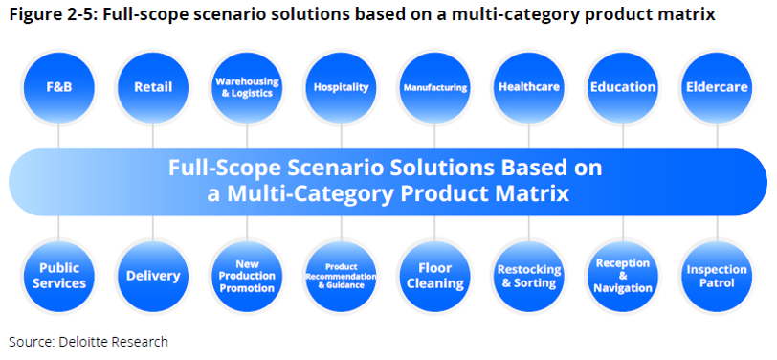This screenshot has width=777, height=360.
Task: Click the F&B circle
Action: [x=59, y=87]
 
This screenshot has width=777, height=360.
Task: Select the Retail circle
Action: [x=153, y=87]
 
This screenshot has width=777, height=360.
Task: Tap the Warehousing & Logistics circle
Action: [x=247, y=87]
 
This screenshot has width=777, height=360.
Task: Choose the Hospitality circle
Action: [x=341, y=87]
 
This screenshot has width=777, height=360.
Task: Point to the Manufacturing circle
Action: [x=435, y=87]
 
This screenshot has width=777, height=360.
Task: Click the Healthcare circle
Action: [x=529, y=87]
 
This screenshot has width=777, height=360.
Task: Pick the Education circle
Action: [x=623, y=87]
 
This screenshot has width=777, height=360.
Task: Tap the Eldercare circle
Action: [x=717, y=87]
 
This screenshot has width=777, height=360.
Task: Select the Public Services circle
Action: [x=59, y=276]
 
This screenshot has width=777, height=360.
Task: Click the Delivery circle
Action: [x=153, y=276]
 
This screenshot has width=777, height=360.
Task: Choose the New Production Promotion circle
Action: [x=247, y=276]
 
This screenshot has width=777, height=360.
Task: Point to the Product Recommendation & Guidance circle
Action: [x=341, y=276]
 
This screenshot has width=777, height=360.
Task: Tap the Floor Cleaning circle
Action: [x=435, y=276]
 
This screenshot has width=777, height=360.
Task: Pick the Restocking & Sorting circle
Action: [x=529, y=276]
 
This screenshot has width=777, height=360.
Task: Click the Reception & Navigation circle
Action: [x=623, y=276]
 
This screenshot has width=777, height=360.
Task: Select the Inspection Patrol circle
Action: [x=717, y=276]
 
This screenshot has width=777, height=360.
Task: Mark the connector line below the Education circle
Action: [x=623, y=136]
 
